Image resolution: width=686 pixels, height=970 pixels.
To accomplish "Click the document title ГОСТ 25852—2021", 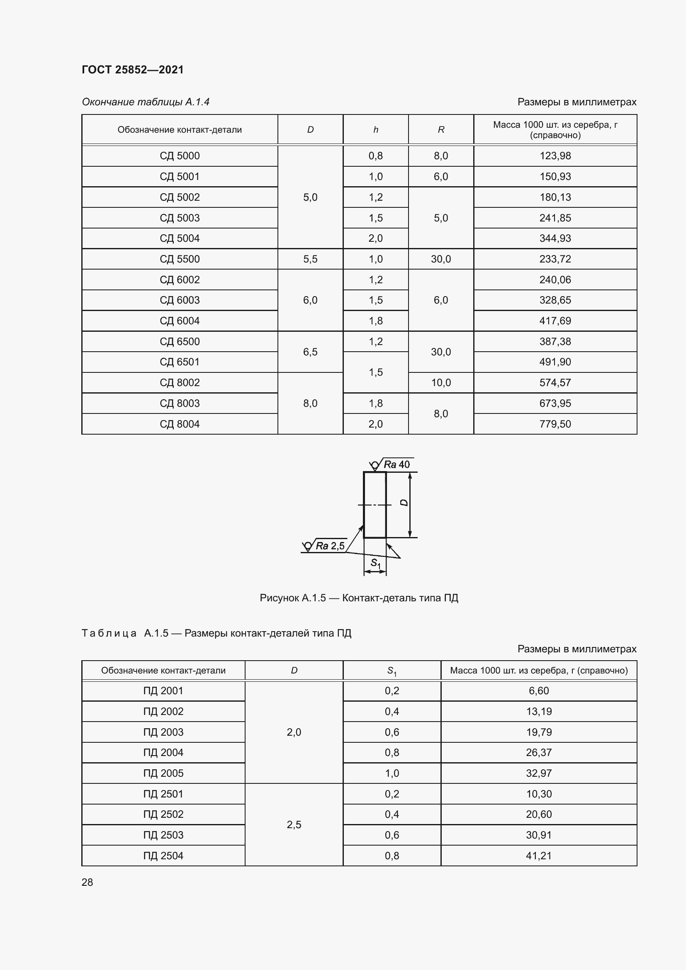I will click(x=133, y=70).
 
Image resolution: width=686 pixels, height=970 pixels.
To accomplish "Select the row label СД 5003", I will click(x=180, y=218).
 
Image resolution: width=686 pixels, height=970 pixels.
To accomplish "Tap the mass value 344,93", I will click(x=555, y=238).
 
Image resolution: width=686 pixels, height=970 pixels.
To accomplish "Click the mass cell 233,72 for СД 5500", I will click(x=555, y=259).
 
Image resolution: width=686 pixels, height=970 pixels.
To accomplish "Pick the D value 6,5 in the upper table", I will click(x=310, y=352).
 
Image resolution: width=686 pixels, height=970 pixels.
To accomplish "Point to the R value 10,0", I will click(x=440, y=383).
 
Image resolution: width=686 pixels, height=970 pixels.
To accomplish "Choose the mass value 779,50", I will click(x=555, y=424).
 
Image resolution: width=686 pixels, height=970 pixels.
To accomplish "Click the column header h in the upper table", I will click(x=375, y=130).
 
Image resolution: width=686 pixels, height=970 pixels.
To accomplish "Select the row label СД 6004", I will click(x=180, y=321).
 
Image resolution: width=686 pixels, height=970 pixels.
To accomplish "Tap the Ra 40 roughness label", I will click(x=396, y=465).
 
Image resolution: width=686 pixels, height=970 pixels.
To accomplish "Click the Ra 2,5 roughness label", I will click(x=330, y=546).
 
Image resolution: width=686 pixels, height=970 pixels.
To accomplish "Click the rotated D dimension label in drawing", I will click(x=404, y=503).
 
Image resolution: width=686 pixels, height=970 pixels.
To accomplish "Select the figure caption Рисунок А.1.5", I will click(x=359, y=598).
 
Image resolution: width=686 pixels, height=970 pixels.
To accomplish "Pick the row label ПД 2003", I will click(x=163, y=732).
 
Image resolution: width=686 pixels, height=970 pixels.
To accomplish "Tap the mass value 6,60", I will click(x=539, y=691).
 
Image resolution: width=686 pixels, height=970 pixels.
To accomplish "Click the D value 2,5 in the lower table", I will click(x=294, y=825).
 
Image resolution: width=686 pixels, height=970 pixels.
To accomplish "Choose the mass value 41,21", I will click(x=539, y=856).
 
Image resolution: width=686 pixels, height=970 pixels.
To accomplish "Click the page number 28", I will click(x=88, y=882).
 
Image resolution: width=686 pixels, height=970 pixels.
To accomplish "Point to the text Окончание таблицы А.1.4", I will click(x=146, y=102).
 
